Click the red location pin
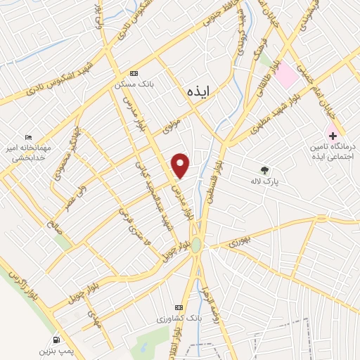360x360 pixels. (181, 164)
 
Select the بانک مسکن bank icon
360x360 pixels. (134, 72)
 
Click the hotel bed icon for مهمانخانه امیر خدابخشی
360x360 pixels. (28, 136)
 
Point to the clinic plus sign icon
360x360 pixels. (333, 134)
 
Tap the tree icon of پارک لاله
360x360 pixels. (265, 169)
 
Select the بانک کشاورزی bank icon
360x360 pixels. (179, 307)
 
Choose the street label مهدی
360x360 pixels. (95, 322)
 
